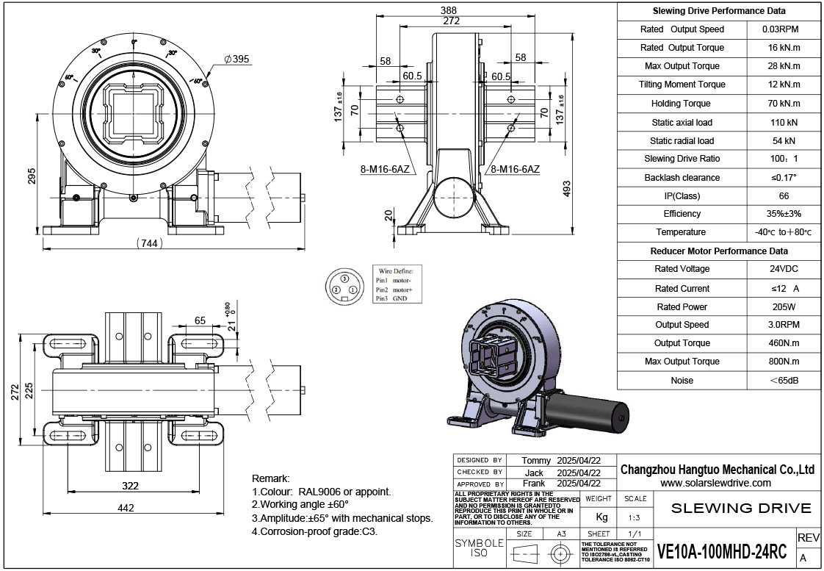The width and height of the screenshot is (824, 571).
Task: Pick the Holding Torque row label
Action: click(x=681, y=104)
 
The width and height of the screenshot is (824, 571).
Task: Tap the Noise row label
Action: click(x=681, y=381)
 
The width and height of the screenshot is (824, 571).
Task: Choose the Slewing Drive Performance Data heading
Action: click(x=719, y=11)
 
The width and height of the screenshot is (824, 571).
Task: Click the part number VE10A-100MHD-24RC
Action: click(x=722, y=551)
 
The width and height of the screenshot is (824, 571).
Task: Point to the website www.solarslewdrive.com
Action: click(x=715, y=483)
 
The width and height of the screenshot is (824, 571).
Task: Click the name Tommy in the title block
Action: click(x=535, y=461)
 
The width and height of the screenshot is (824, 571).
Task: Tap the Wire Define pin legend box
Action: click(x=394, y=284)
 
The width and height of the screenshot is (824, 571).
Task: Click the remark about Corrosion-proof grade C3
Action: click(x=314, y=531)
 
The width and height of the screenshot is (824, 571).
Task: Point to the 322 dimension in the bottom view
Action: click(x=130, y=486)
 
